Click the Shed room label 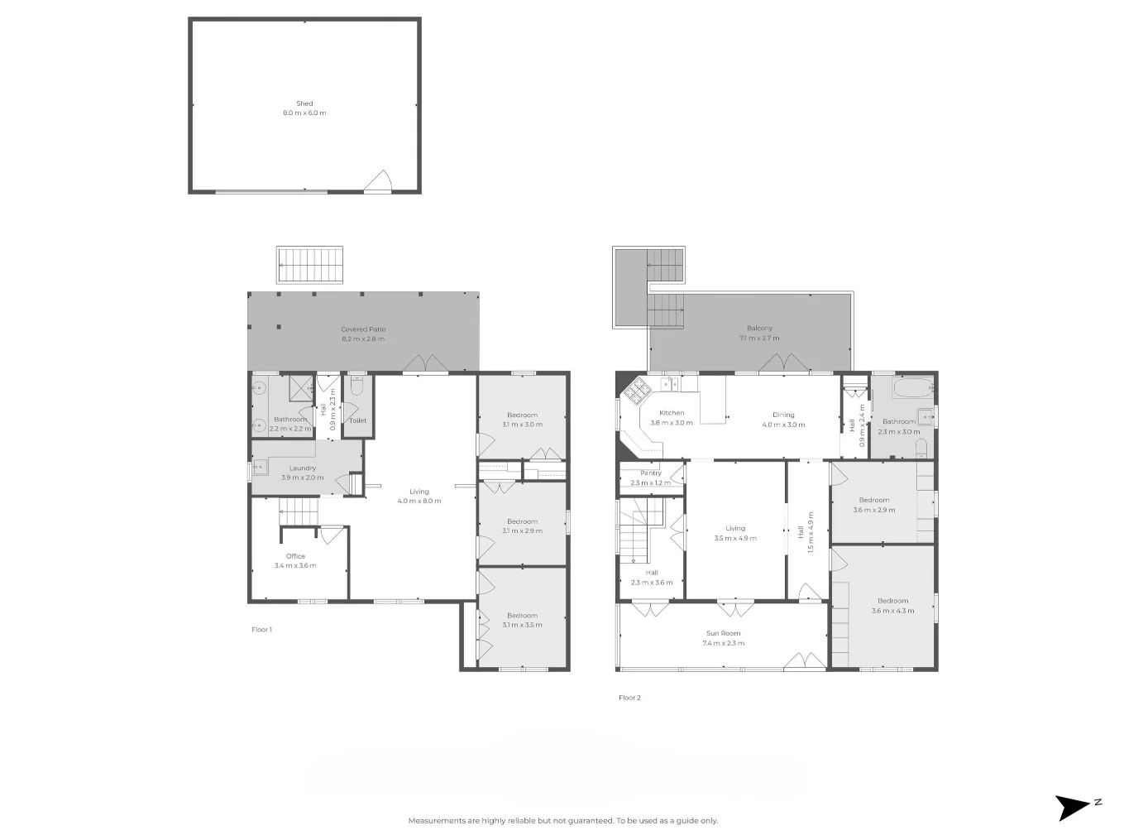point(304,104)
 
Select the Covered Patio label point(363,329)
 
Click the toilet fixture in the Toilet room point(356,387)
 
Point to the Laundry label point(303,468)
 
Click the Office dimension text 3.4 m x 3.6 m point(295,566)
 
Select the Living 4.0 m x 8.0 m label point(419,497)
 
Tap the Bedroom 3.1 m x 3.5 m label point(522,620)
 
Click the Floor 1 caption point(261,630)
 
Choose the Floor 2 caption point(629,698)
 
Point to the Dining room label point(783,415)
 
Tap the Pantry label point(651,473)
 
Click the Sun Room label point(723,634)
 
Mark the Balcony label point(759,329)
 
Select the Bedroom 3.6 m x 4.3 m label point(892,606)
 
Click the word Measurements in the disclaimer point(437,821)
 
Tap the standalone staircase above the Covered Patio point(309,265)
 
